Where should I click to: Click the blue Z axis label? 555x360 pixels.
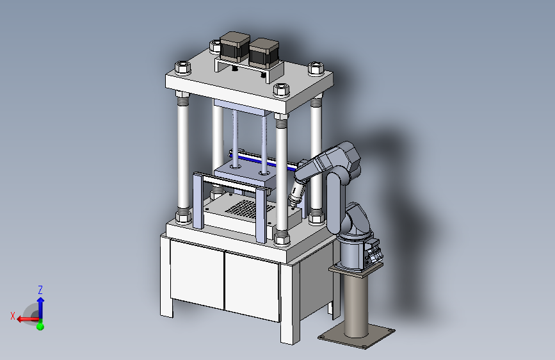(x=40, y=290)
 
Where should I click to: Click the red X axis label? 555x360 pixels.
(x=13, y=316)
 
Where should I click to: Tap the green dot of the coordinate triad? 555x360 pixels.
(x=40, y=325)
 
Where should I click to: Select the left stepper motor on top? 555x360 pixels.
(x=234, y=46)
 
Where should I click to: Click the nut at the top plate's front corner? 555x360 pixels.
(x=282, y=90)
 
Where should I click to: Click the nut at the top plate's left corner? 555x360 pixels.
(x=182, y=67)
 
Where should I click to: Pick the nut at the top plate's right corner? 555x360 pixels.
(x=316, y=69)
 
